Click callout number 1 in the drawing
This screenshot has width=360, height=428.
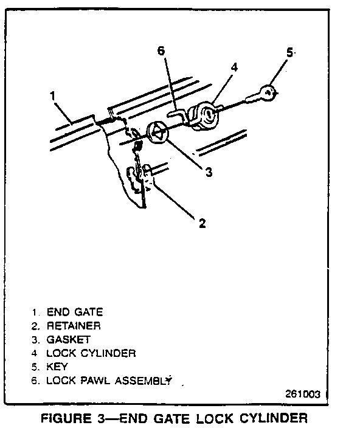click(x=53, y=96)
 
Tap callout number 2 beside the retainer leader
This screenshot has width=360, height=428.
click(x=202, y=223)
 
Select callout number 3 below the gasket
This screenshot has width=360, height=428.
click(x=209, y=172)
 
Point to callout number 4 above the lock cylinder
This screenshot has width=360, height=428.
click(x=234, y=67)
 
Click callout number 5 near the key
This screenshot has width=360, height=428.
click(x=289, y=52)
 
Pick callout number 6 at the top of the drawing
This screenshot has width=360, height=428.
click(x=161, y=51)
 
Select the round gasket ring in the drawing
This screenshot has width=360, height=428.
click(x=157, y=133)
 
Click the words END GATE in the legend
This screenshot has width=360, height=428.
click(x=75, y=312)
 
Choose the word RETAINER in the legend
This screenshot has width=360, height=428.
click(x=74, y=326)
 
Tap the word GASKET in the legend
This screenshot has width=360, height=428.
click(x=69, y=340)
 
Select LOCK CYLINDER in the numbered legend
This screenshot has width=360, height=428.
click(x=91, y=353)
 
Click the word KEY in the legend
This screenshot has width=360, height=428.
click(x=57, y=367)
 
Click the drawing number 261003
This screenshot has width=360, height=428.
click(x=303, y=394)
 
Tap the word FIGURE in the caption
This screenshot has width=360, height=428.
click(x=66, y=418)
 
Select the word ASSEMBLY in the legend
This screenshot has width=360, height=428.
click(x=144, y=380)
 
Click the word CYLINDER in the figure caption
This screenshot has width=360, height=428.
click(x=274, y=418)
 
